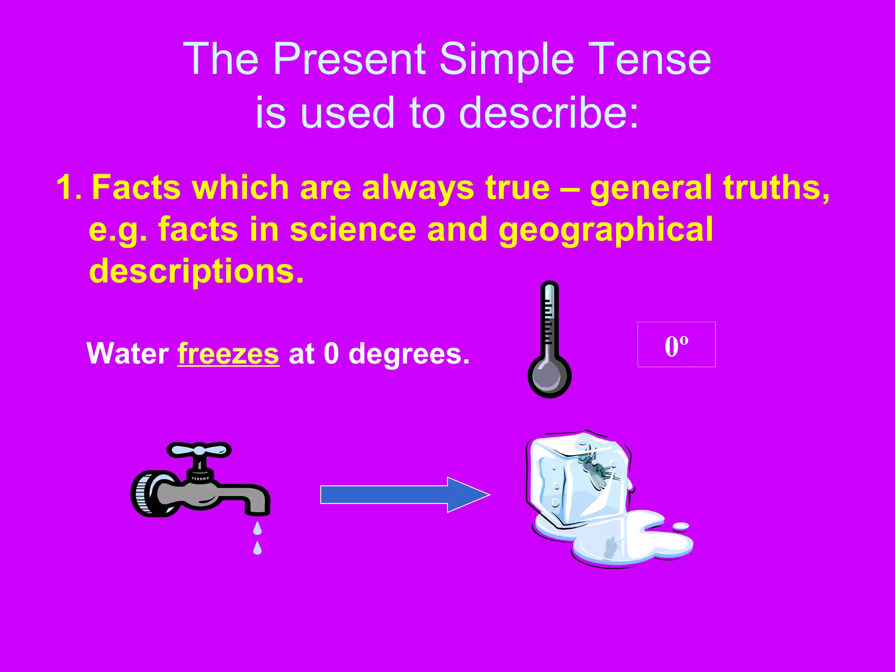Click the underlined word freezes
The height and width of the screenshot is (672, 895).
[228, 353]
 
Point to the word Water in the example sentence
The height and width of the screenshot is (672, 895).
[128, 353]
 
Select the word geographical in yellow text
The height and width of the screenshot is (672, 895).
[605, 230]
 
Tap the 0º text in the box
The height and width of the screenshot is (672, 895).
[676, 346]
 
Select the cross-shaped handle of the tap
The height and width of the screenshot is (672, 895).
[199, 450]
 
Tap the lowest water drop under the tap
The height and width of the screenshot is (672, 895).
[257, 548]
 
